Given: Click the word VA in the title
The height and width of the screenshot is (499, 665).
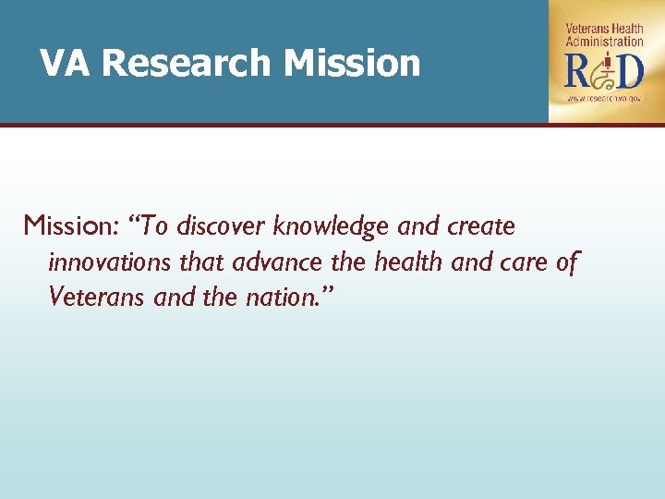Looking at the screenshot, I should (x=66, y=64).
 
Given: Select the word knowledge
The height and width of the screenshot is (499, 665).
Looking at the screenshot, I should (x=333, y=226).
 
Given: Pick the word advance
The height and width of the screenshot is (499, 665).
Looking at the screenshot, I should (x=277, y=262).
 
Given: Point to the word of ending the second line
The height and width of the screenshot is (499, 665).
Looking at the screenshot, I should (x=567, y=262).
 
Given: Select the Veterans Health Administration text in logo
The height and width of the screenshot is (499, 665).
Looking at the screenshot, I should (x=604, y=35).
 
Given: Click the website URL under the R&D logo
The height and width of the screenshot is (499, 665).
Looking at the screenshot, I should (x=605, y=97).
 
